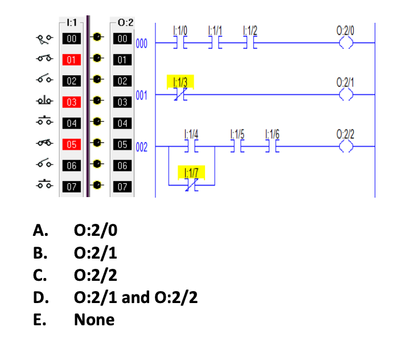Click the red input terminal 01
pos(71,60)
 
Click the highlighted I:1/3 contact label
pos(181,81)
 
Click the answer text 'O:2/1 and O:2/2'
pos(136,297)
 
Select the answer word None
pos(94,320)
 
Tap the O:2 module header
pos(125,23)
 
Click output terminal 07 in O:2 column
pos(121,186)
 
